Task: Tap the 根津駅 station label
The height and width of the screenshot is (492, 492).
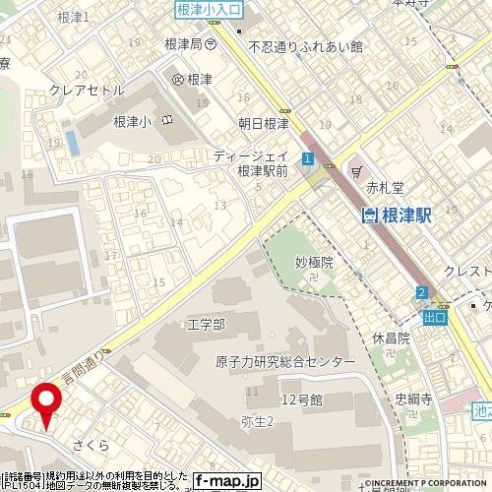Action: [x=398, y=215]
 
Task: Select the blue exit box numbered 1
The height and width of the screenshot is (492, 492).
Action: [x=308, y=157]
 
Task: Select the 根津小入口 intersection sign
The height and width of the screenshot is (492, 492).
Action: [x=209, y=10]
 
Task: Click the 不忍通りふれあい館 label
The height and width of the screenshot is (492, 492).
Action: [x=306, y=46]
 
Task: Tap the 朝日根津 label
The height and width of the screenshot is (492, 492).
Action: [x=264, y=123]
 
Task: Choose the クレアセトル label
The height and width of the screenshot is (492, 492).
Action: [x=88, y=90]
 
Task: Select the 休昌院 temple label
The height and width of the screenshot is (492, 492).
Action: [x=391, y=337]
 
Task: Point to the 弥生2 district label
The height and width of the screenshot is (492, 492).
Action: [x=257, y=421]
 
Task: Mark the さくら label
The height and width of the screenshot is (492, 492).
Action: [x=89, y=445]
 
